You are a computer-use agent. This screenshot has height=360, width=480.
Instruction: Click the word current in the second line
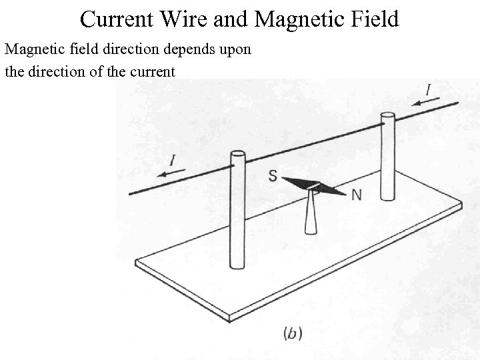pos(151,71)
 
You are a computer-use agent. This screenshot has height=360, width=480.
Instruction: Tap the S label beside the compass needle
pos(273,176)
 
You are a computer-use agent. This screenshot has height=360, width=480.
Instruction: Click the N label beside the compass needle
pos(357,195)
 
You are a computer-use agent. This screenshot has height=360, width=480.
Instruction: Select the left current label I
pos(173,161)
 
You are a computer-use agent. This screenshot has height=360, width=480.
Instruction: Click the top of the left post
pos(237,156)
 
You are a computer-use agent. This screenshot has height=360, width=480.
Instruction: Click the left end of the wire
pos(131,193)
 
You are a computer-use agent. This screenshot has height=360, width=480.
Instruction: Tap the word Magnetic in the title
pos(292,19)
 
